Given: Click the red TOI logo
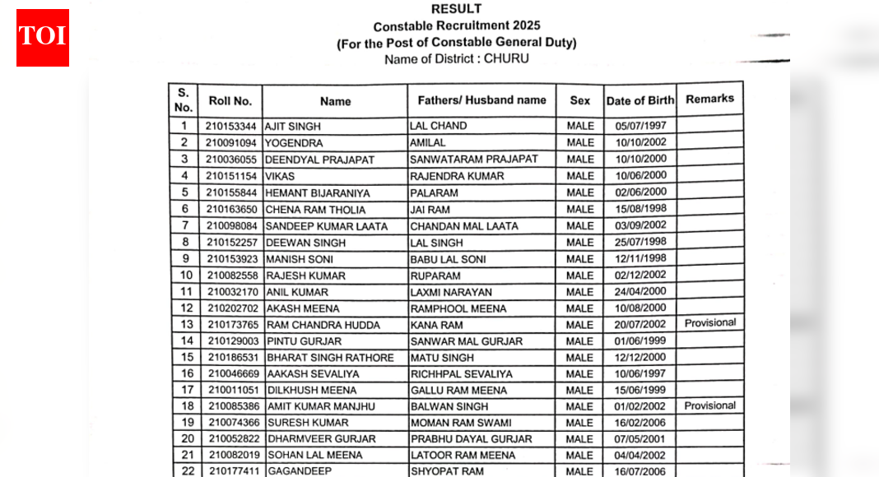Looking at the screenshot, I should (x=43, y=38).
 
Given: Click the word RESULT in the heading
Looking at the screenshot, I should (x=456, y=9).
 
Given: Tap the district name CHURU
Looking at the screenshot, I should (x=506, y=59).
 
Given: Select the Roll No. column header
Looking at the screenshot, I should (x=230, y=101).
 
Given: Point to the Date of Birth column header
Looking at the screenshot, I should (x=639, y=101).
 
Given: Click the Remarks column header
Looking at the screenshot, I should (x=709, y=99).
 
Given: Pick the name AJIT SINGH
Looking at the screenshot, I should (x=293, y=127).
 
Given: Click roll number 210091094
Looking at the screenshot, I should (x=231, y=143).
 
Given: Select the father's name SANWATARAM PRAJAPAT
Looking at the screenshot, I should (x=474, y=159).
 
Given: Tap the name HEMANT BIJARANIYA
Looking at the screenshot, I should (x=318, y=193).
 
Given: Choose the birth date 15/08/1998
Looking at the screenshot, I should (x=640, y=209).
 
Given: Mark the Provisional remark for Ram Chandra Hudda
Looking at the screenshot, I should (x=709, y=323).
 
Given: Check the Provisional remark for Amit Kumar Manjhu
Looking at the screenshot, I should (x=709, y=405).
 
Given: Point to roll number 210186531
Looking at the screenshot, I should (x=233, y=358).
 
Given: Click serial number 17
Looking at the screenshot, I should (x=187, y=390).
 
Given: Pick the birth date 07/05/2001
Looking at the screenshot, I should (x=640, y=438).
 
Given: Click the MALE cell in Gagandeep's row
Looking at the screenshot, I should (x=579, y=471).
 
